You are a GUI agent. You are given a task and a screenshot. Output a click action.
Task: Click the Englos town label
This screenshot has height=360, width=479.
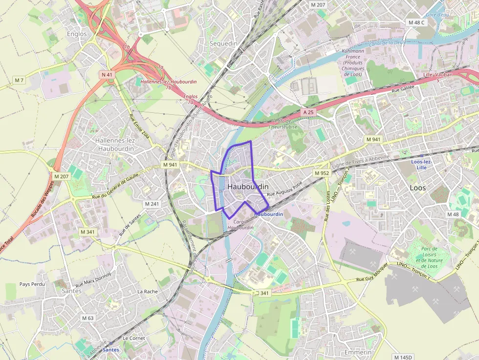[77, 34]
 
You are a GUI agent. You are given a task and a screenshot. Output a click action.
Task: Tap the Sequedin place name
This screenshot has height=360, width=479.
[223, 43]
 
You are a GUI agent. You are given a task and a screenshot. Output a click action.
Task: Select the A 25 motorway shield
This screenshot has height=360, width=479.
[307, 112]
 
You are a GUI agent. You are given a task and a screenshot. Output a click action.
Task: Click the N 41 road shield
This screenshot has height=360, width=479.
[107, 75]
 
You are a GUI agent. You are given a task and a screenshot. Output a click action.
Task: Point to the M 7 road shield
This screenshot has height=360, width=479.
[19, 80]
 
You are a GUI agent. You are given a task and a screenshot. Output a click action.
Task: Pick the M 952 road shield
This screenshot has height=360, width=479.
[322, 173]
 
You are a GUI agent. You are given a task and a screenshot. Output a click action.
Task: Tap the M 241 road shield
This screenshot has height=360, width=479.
[152, 203]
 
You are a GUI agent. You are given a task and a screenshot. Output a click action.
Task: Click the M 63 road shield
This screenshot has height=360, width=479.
[87, 318]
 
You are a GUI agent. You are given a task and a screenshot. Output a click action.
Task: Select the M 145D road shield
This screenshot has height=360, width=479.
[403, 357]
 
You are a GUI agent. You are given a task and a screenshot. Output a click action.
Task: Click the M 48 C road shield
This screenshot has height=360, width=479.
[417, 22]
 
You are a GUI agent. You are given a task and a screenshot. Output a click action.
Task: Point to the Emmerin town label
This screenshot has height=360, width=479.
[358, 352]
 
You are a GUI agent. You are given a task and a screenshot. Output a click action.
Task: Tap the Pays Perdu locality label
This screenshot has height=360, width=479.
[32, 284]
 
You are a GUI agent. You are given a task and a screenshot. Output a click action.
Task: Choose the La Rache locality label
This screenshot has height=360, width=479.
[148, 292]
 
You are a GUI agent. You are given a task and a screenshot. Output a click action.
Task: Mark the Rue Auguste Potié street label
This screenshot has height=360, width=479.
[285, 190]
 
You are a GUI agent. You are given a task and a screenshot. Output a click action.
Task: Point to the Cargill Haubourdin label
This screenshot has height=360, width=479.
[240, 224]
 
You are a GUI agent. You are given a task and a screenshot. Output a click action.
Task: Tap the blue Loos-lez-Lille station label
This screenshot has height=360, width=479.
[421, 164]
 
